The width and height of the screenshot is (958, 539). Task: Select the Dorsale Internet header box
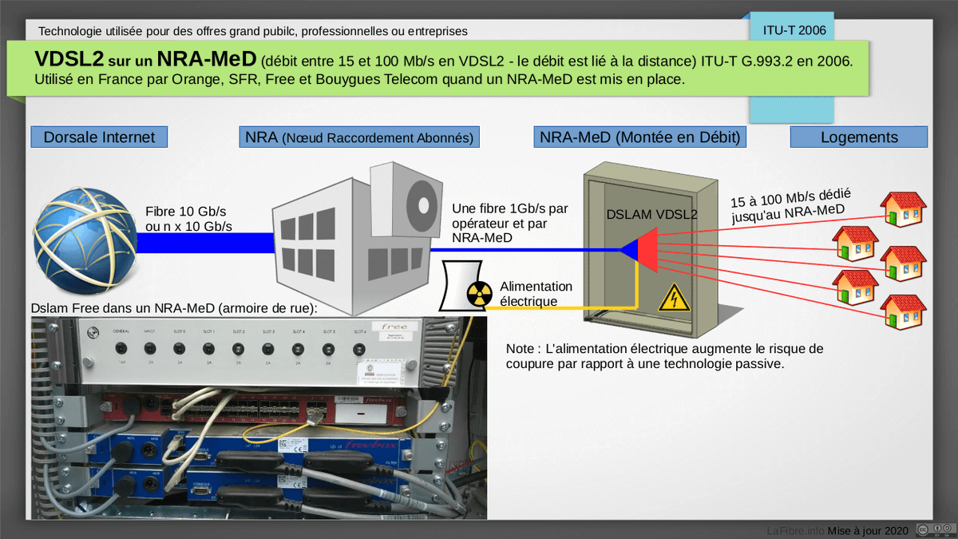(x=99, y=137)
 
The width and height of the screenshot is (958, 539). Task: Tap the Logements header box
(x=859, y=137)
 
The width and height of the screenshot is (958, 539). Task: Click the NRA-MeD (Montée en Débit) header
(x=640, y=137)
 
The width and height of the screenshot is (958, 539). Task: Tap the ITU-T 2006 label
(x=794, y=30)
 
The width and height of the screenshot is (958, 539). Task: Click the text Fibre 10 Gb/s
(x=186, y=212)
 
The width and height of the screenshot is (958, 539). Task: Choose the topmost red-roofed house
(x=904, y=208)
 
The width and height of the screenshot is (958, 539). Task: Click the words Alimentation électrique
(x=536, y=294)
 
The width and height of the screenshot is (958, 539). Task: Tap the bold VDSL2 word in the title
(x=70, y=59)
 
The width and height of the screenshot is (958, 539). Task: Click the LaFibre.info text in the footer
(x=795, y=530)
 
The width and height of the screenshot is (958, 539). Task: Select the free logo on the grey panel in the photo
(x=395, y=327)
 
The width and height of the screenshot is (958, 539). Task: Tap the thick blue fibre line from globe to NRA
(x=205, y=243)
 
